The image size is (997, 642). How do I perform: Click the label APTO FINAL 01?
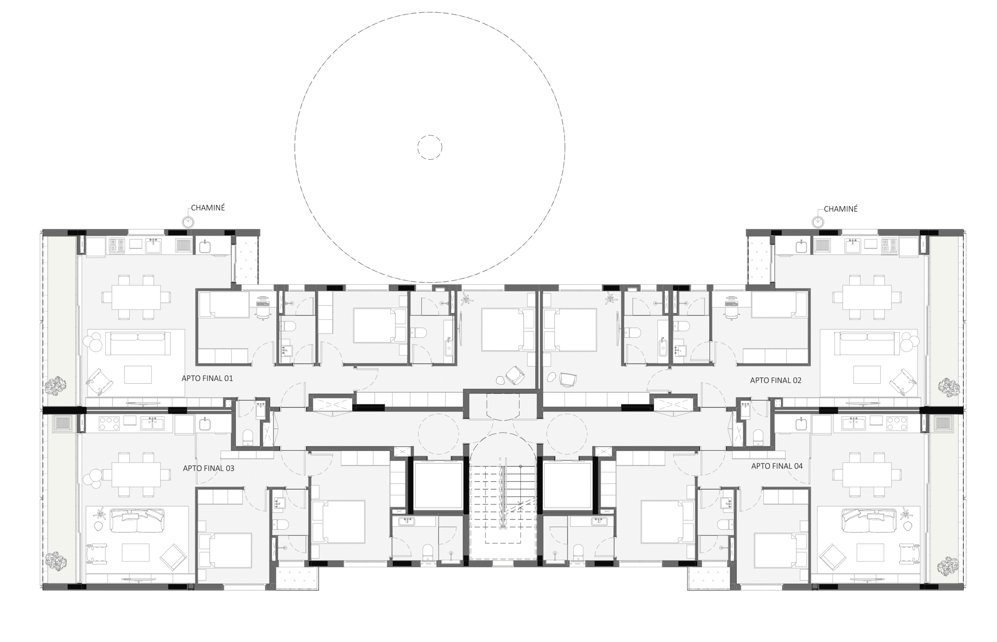point(207,379)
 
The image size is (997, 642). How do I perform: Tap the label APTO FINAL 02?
point(775,381)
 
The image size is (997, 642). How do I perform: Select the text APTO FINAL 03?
point(209,468)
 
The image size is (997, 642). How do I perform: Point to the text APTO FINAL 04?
point(777,467)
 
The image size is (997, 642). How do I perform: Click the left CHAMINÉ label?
point(208,208)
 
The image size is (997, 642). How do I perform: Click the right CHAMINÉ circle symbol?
point(817,222)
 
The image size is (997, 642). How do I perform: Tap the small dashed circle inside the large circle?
point(429,147)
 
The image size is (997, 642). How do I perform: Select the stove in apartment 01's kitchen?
point(116,246)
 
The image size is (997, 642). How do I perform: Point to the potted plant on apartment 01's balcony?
point(55,386)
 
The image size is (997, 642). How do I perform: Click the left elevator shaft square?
point(438,485)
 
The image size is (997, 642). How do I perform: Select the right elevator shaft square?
point(568,485)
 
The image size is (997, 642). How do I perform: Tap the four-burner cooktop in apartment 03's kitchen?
point(109,423)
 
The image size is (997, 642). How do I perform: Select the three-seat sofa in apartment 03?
point(137,520)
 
